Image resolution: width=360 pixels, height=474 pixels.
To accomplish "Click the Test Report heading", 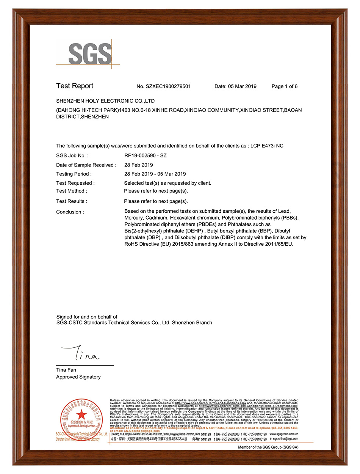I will [x=75, y=86].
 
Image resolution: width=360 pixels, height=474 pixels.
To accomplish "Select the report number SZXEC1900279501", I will [x=168, y=86].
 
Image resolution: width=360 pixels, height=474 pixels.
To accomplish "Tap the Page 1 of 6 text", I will [x=285, y=86].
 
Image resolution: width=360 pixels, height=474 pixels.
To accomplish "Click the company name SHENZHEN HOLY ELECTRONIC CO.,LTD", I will [x=105, y=101].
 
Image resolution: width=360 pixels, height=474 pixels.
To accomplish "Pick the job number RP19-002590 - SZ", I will [x=146, y=155].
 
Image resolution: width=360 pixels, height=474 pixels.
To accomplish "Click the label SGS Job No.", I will [x=72, y=155].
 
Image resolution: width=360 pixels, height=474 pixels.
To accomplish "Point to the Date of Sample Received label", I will [x=86, y=165].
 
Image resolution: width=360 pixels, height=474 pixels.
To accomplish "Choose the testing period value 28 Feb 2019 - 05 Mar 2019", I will [x=155, y=174].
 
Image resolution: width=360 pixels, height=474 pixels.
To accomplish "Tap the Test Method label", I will [x=72, y=191].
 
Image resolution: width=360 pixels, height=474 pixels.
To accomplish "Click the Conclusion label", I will [x=70, y=212].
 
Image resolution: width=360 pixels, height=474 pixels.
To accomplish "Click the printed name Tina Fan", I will [x=66, y=370].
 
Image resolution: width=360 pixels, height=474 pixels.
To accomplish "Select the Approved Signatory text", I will [x=78, y=377].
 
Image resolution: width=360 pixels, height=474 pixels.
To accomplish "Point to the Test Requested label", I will [x=75, y=183].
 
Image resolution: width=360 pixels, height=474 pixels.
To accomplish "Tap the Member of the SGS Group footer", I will [x=268, y=447].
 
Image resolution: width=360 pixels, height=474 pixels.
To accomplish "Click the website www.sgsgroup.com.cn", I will [x=284, y=434].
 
